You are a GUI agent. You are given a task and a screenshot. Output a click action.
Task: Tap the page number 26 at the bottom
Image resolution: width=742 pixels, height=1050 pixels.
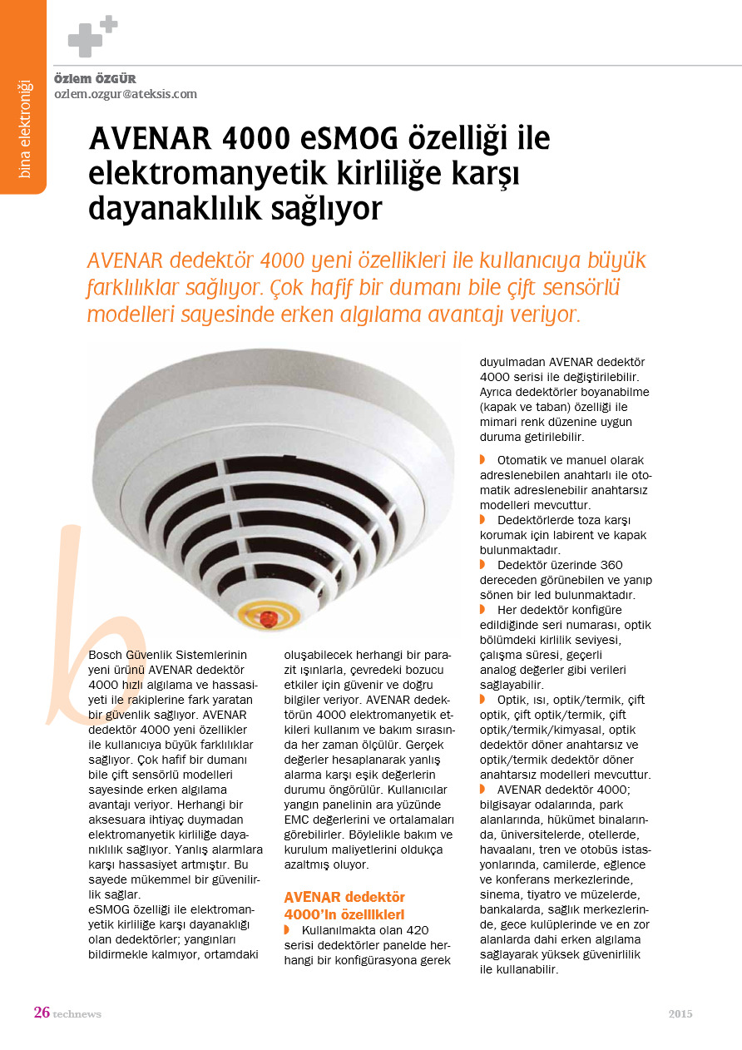[42, 1013]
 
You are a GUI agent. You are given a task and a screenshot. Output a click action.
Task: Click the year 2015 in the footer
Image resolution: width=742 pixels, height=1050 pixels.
[680, 1013]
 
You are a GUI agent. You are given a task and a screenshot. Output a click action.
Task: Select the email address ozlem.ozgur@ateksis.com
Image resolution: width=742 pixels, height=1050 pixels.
[126, 94]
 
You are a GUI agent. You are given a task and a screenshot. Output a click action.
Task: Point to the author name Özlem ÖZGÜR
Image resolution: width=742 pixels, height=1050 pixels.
[95, 79]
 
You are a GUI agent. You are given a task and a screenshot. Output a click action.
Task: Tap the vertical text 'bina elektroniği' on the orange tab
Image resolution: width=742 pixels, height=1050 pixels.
[23, 128]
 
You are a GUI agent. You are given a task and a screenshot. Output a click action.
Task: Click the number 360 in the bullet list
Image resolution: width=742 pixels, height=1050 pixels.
[611, 566]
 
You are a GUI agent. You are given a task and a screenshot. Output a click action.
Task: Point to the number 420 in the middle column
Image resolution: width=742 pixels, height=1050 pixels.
[413, 929]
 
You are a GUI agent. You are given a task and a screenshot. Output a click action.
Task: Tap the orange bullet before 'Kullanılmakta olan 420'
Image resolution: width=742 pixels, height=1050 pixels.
[287, 929]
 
